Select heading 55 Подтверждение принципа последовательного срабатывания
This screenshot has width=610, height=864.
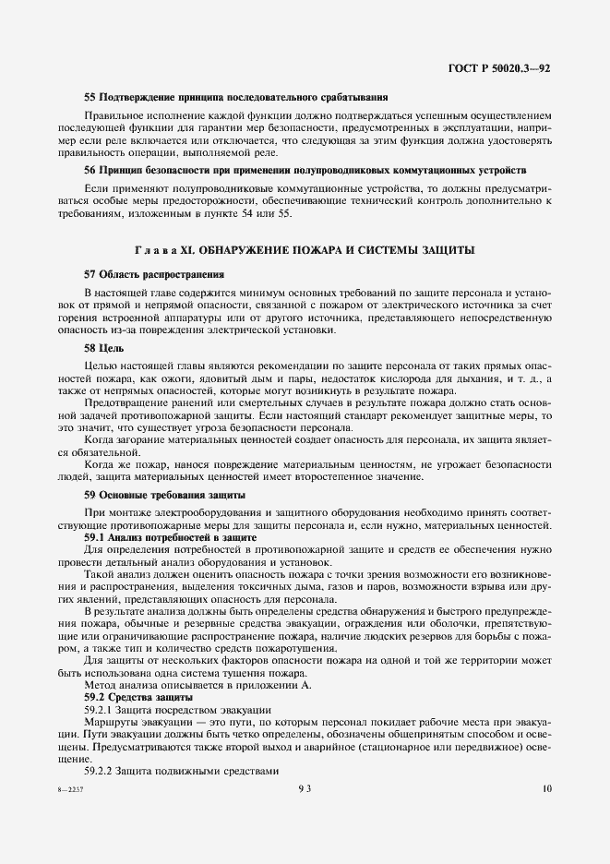[234, 97]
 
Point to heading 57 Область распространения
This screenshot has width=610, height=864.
[153, 274]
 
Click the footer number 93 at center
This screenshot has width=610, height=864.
[305, 788]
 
